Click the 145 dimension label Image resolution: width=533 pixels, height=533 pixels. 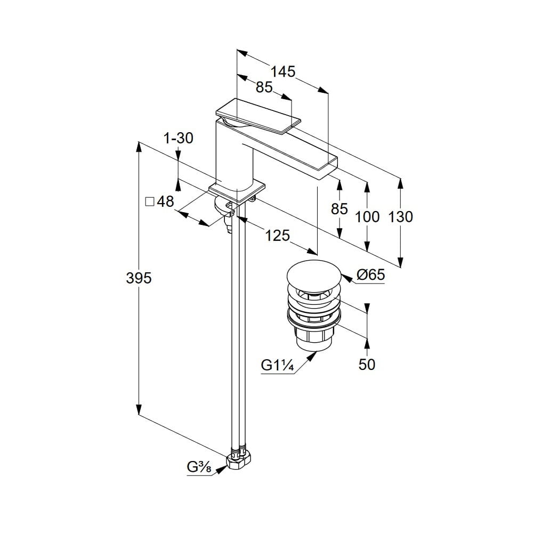tap(282, 71)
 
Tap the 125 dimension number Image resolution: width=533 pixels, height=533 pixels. tap(277, 235)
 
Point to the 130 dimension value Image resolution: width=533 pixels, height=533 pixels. tap(401, 217)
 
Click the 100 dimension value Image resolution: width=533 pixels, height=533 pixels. tap(367, 217)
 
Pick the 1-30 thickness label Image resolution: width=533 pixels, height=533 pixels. tap(179, 139)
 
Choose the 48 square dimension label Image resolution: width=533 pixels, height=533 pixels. tap(166, 201)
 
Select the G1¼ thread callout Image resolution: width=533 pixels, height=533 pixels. tap(276, 366)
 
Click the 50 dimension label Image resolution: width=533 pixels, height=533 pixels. tap(367, 364)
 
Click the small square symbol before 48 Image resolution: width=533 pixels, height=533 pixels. tap(150, 201)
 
